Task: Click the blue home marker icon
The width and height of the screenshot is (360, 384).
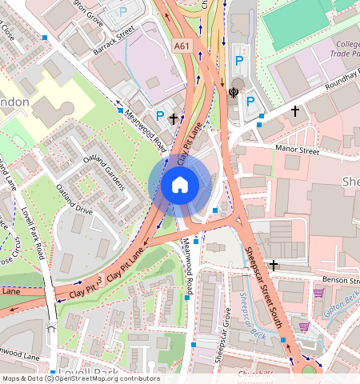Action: (180, 186)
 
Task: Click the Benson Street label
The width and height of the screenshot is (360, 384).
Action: (340, 280)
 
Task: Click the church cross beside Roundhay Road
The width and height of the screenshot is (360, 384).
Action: (295, 111)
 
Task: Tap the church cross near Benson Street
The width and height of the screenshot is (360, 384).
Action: (274, 265)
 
